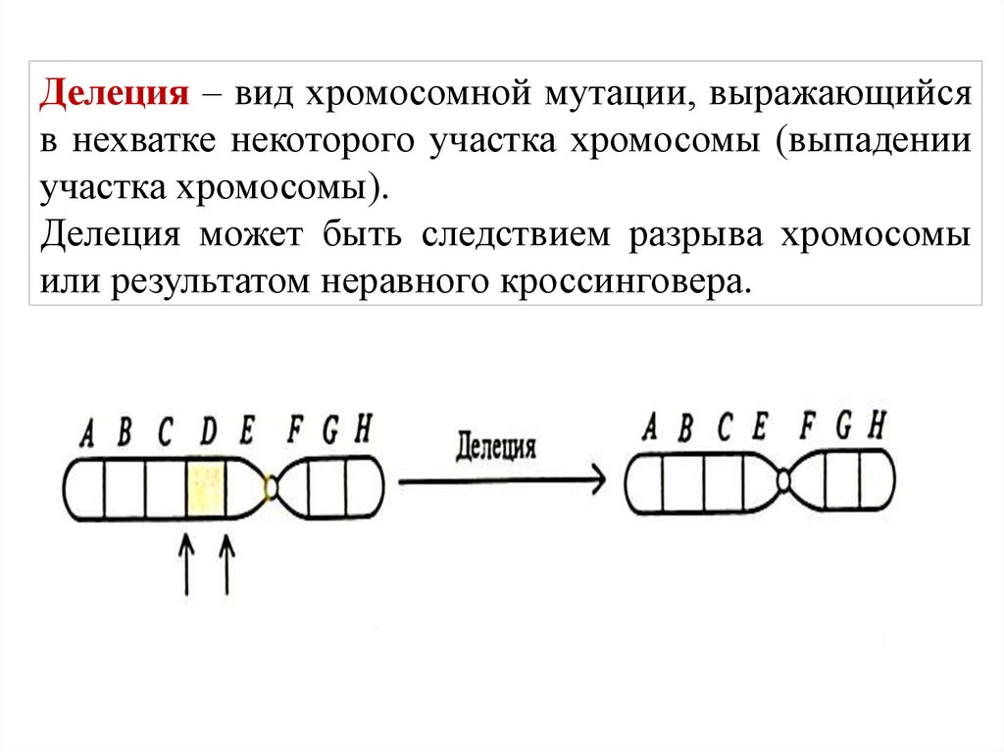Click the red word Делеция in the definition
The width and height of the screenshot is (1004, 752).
click(114, 95)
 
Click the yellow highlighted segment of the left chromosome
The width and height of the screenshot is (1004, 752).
click(206, 487)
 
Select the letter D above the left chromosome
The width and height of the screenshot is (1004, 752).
click(207, 431)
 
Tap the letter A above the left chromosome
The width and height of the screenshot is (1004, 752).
click(87, 432)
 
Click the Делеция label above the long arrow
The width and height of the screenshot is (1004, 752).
click(496, 447)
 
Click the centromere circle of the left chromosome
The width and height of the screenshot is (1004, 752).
click(273, 485)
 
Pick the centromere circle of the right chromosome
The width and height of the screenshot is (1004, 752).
click(784, 480)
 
